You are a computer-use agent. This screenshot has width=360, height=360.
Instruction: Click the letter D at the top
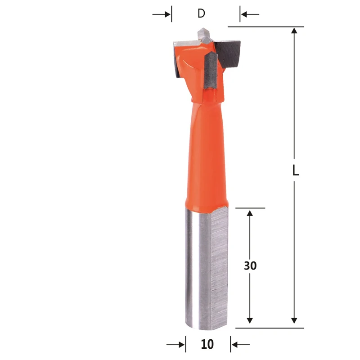(x=201, y=13)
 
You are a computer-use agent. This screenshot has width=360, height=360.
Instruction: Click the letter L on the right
(x=295, y=171)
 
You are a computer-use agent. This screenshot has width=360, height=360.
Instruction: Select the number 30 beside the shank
(x=250, y=265)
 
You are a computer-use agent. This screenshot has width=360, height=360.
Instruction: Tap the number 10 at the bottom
(x=207, y=345)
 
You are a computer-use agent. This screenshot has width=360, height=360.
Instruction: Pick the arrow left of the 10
(x=176, y=345)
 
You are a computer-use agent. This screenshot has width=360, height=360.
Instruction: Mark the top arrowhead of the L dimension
(x=294, y=31)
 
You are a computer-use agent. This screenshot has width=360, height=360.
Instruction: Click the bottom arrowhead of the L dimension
(x=294, y=319)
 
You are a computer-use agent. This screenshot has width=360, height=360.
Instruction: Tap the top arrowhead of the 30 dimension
(x=250, y=213)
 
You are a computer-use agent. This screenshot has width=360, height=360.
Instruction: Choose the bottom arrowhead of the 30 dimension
(x=250, y=319)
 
